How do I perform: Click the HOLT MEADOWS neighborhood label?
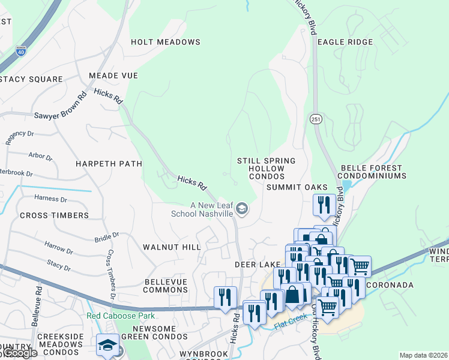tap(166, 42)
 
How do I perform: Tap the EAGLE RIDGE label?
tap(345, 42)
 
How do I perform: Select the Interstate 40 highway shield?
tap(21, 51)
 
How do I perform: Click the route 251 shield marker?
tap(316, 119)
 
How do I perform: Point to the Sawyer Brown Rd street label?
tap(59, 107)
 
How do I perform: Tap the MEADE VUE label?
tap(113, 76)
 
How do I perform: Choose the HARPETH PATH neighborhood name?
tap(109, 163)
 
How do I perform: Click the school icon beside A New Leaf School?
tap(242, 209)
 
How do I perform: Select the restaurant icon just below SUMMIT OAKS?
tap(324, 204)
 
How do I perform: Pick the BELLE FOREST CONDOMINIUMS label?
tap(373, 172)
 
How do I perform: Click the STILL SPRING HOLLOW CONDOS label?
tap(266, 169)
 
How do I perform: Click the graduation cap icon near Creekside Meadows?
tap(107, 344)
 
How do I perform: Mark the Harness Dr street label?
tap(50, 199)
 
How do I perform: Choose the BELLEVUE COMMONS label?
tap(166, 286)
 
